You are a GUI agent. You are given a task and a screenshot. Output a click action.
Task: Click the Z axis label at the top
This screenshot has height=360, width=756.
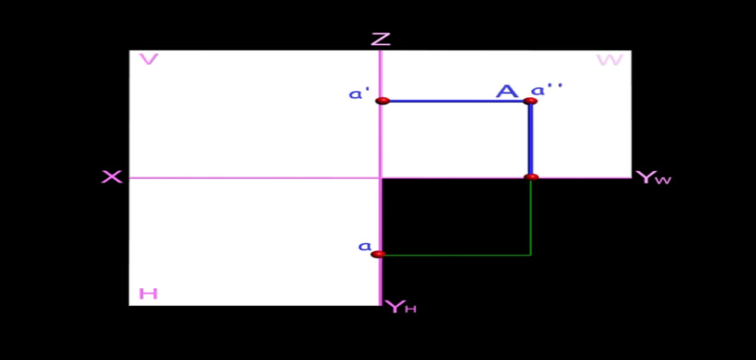click(x=381, y=39)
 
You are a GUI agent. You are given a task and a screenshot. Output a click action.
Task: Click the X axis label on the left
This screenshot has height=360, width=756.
click(x=112, y=177)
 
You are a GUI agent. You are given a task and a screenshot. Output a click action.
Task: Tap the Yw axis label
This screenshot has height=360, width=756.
click(x=653, y=178)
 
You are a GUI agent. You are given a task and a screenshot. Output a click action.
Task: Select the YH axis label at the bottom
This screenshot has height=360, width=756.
click(x=400, y=307)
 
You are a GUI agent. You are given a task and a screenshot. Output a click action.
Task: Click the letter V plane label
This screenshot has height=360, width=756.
click(x=148, y=59)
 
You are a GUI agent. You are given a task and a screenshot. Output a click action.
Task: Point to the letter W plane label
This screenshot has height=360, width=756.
click(x=609, y=60)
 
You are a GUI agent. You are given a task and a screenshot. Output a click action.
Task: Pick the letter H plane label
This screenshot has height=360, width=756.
click(x=148, y=293)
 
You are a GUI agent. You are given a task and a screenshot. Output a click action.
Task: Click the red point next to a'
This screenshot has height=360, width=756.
click(x=382, y=101)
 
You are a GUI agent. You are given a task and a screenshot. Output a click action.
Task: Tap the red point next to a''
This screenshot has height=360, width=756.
click(x=530, y=101)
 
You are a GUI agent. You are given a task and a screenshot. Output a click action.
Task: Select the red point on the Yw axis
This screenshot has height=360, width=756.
click(x=531, y=177)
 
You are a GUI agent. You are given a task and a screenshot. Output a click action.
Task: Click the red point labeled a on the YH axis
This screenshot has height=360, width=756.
click(x=379, y=254)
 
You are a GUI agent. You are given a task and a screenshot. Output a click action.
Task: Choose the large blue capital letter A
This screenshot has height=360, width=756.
click(x=508, y=91)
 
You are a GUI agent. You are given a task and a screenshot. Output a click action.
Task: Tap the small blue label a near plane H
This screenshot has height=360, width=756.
click(x=364, y=246)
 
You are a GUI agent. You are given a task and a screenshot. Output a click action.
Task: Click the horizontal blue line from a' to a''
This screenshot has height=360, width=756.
click(x=456, y=101)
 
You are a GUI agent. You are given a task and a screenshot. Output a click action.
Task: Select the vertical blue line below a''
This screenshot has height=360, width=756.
click(x=530, y=139)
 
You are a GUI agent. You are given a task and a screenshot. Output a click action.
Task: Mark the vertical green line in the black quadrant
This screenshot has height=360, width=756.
click(x=531, y=216)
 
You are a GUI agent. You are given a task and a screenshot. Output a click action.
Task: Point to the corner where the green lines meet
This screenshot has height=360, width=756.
click(x=531, y=255)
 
